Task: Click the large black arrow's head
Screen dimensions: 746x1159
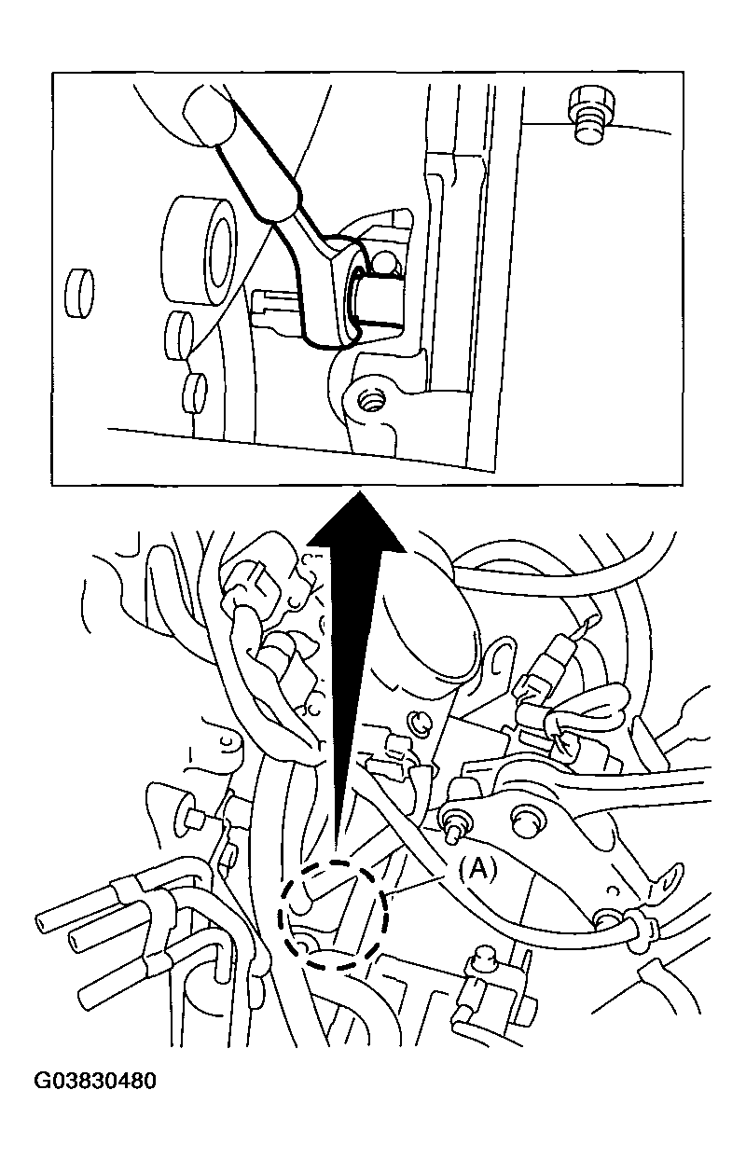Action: pyautogui.click(x=356, y=521)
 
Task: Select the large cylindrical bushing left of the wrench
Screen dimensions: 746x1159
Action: pyautogui.click(x=200, y=253)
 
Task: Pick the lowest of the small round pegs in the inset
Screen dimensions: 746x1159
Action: pyautogui.click(x=195, y=393)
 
